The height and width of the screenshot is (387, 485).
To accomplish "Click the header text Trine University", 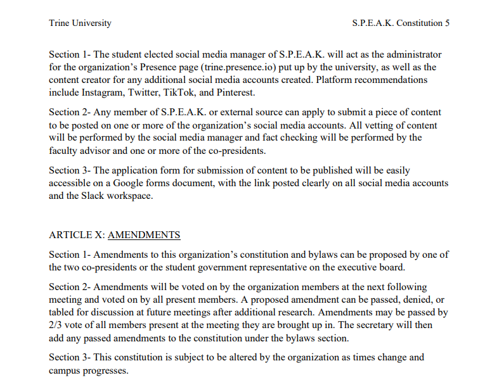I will pyautogui.click(x=80, y=23).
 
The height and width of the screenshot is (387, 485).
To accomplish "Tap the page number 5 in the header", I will pyautogui.click(x=448, y=23).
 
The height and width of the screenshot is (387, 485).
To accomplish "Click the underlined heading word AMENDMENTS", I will pyautogui.click(x=144, y=235).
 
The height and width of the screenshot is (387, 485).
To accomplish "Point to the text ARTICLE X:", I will pyautogui.click(x=77, y=235).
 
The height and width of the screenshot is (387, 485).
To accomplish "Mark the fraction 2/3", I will pyautogui.click(x=57, y=325).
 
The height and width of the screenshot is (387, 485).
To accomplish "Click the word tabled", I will pyautogui.click(x=63, y=312).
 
